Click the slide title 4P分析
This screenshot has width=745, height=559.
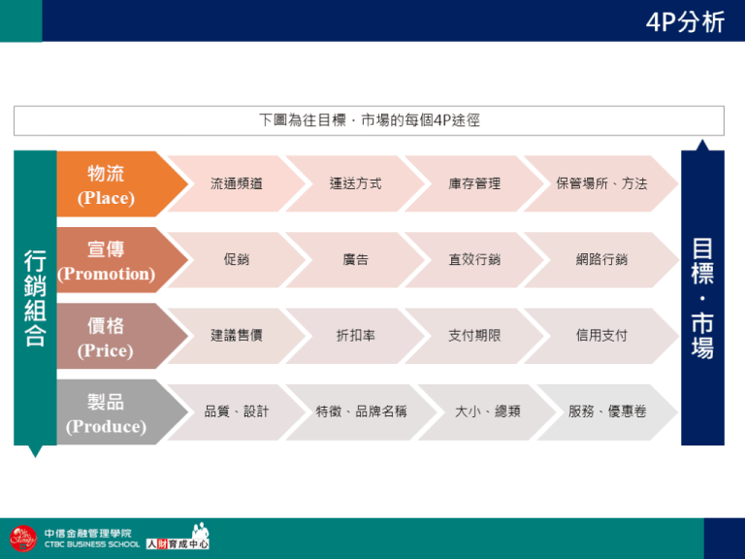(x=685, y=22)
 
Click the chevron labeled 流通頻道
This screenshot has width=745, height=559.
(x=236, y=183)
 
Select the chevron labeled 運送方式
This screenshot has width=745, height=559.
(x=355, y=183)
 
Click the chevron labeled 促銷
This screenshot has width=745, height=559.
(x=236, y=259)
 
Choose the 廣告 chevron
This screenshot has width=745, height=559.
(x=355, y=259)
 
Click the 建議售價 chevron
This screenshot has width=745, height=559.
(x=236, y=336)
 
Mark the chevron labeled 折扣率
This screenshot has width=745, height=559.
(x=355, y=336)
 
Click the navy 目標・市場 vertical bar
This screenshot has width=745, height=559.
(x=702, y=295)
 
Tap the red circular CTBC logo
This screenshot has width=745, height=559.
(x=23, y=539)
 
